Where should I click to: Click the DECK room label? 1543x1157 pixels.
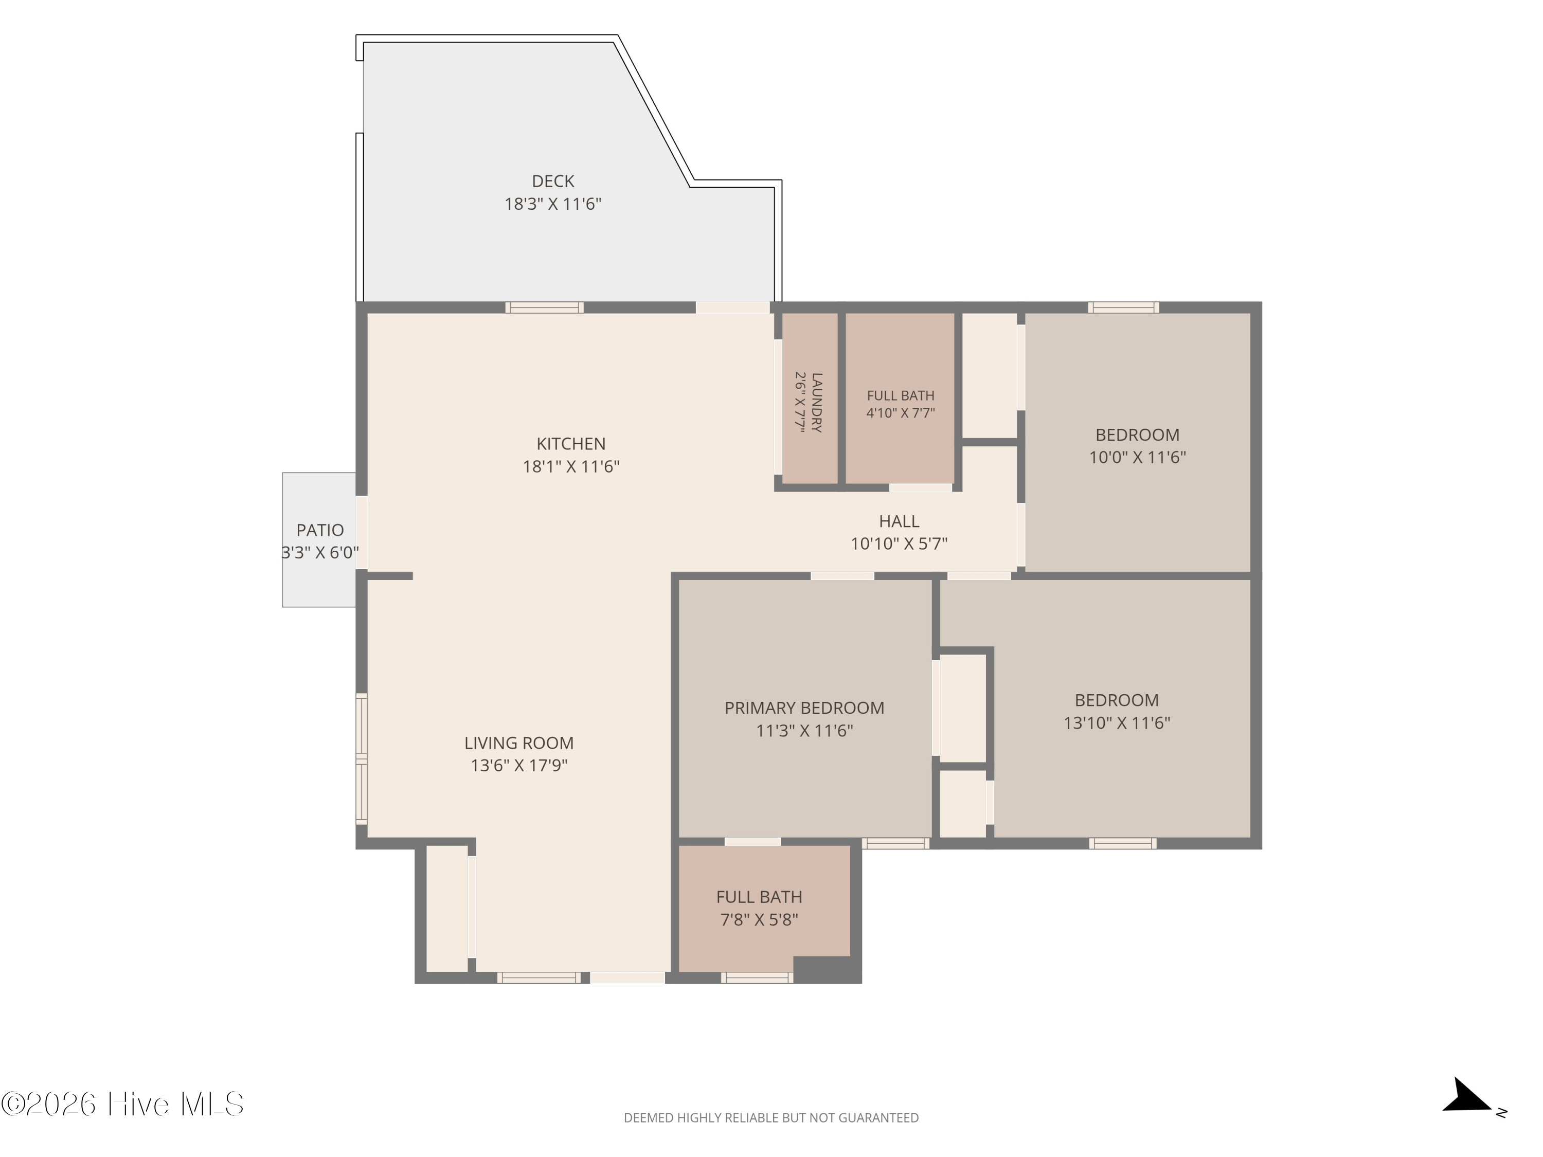click(x=553, y=182)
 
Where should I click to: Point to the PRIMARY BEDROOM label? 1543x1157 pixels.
click(x=804, y=708)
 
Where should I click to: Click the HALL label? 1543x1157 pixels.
click(x=899, y=521)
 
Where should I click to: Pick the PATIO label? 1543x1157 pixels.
click(x=320, y=530)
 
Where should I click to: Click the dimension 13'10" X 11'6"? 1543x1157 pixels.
click(x=1117, y=722)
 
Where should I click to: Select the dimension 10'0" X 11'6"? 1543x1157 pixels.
click(x=1138, y=458)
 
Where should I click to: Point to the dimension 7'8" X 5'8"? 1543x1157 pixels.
click(x=759, y=919)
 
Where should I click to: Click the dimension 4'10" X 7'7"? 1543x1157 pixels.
click(x=901, y=412)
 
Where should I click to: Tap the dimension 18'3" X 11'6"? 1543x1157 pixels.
click(x=553, y=204)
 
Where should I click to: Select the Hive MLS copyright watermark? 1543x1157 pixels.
click(x=123, y=1104)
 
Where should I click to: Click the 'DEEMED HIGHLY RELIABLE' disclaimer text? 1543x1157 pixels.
click(x=771, y=1118)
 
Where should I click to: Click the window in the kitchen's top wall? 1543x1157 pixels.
click(x=545, y=308)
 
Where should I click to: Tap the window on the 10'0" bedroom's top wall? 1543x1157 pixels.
click(x=1124, y=308)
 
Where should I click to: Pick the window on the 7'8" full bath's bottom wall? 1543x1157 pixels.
click(x=757, y=978)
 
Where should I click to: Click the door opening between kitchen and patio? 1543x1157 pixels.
click(x=362, y=533)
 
